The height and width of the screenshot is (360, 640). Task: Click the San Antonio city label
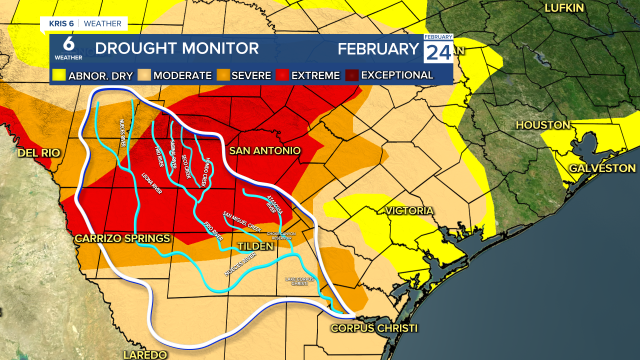coord(264,150)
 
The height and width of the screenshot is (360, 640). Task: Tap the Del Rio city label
coord(38,153)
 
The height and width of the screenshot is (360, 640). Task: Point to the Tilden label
coord(255,246)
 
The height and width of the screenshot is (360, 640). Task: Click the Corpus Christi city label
coord(374,328)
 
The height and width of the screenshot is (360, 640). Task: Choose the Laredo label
coord(145,354)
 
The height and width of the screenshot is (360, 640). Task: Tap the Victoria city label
coord(409,210)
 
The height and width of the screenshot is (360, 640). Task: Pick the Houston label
coord(543,125)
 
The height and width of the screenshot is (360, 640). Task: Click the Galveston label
coord(602,168)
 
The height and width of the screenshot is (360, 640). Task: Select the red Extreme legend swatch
coord(282,75)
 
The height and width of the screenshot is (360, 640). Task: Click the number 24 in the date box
coord(438,52)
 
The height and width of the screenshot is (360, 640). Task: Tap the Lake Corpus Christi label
coord(296,281)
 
